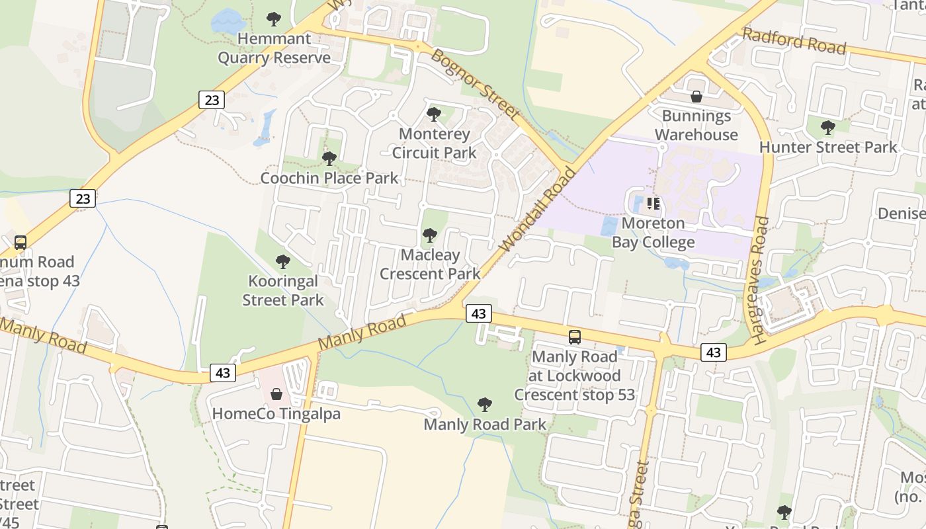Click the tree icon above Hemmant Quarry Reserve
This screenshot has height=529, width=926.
tap(273, 19)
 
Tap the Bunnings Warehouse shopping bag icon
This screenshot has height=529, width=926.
tap(696, 97)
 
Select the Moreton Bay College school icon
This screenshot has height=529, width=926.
tap(653, 204)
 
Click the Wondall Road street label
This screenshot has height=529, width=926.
tap(537, 210)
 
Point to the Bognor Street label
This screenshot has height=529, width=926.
tap(475, 83)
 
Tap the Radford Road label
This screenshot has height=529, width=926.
tap(794, 41)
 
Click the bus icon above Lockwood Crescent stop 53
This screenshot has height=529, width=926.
tap(575, 337)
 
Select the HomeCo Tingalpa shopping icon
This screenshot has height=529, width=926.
tap(276, 395)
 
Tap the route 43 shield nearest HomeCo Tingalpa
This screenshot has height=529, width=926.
tap(223, 373)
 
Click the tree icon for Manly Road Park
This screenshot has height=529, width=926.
tap(485, 405)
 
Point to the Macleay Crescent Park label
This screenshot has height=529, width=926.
tap(430, 264)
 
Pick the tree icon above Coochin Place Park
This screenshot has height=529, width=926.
tap(329, 159)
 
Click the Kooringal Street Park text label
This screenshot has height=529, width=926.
tap(283, 291)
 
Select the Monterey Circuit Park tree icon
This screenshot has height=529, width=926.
tap(434, 114)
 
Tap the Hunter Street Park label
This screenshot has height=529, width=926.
tap(827, 147)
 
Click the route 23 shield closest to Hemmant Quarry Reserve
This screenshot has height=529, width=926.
tap(212, 100)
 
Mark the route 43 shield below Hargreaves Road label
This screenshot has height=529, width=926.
tap(713, 352)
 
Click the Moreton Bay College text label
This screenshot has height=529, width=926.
tap(653, 233)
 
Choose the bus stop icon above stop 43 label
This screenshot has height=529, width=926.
tap(21, 243)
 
